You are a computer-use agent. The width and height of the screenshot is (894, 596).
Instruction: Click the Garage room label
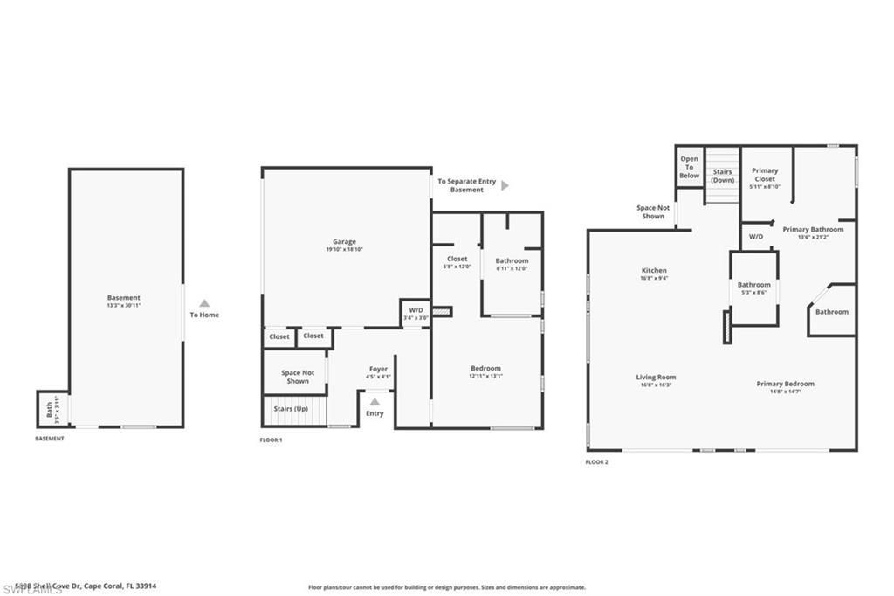pos(343,242)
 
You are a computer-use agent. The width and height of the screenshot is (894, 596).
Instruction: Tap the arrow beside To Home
pos(204,303)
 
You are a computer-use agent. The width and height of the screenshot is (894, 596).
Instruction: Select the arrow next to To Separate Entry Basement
pos(505,185)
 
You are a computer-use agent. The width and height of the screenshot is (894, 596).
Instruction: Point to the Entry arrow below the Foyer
pos(375,402)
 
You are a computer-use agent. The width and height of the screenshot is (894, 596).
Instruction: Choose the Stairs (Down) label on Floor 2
pos(722,176)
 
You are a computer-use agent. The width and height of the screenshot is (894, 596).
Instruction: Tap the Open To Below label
pos(690,167)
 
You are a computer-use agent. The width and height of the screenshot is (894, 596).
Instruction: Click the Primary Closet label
pos(765,175)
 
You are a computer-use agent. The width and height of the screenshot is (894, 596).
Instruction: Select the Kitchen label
pos(654,271)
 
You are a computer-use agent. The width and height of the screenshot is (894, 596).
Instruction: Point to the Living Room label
pos(656,378)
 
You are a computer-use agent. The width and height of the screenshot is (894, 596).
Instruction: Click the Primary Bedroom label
pos(786,384)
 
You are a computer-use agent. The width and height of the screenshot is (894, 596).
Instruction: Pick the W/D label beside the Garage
pos(416,310)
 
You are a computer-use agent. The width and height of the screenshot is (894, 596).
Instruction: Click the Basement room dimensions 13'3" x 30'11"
pos(124,306)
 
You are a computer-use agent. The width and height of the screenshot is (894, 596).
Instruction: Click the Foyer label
pos(377,369)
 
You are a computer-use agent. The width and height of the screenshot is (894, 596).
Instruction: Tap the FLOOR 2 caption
pos(596,461)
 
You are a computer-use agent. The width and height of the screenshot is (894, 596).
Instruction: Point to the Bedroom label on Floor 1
pos(485,368)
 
